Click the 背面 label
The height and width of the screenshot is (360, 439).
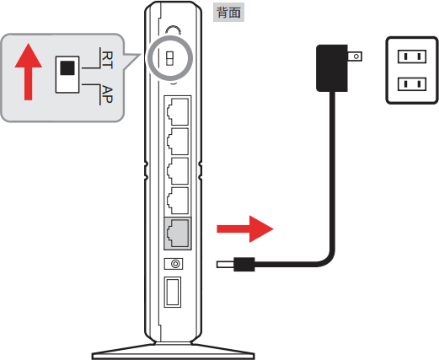point(228,13)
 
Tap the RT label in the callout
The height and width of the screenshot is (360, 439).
point(107,60)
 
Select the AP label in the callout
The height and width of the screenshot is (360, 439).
point(107,94)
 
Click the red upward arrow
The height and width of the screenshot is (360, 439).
point(29,72)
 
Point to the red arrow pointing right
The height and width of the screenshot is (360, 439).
point(245,229)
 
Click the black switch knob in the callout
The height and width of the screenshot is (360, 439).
point(67,67)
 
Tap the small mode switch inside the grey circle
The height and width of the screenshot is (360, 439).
point(169,58)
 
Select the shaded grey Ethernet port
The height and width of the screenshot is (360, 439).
point(178,234)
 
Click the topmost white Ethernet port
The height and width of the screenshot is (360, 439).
point(178,111)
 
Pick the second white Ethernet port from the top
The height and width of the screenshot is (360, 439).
point(178,142)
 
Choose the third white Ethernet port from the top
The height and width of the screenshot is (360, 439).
point(178,171)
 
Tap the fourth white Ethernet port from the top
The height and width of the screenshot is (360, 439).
point(178,201)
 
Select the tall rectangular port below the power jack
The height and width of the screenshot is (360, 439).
point(173,292)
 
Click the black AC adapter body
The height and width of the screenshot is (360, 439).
point(332,68)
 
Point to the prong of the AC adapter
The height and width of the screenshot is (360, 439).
point(355,56)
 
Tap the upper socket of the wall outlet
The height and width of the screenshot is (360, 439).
point(412,56)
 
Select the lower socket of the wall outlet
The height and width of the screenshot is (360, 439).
point(412,84)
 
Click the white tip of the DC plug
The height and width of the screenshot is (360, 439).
point(225,265)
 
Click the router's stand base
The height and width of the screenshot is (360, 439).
point(174,352)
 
